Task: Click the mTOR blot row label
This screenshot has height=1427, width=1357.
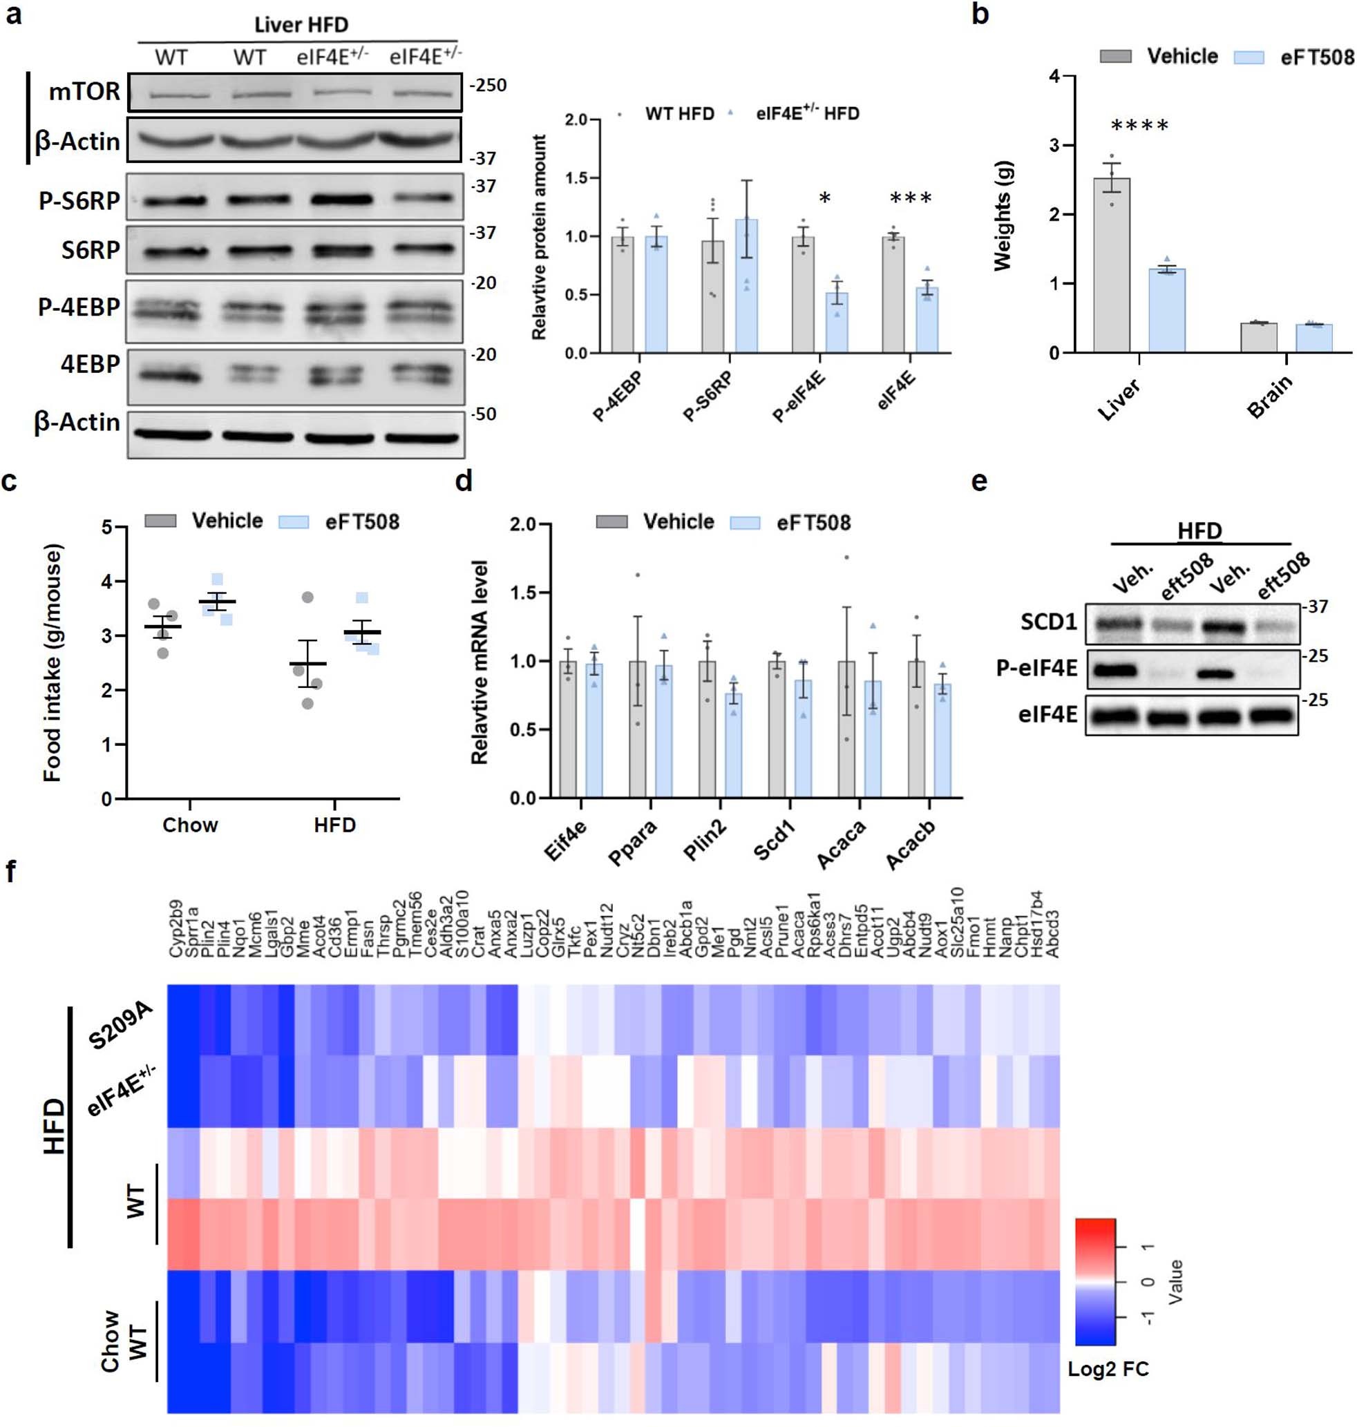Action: point(84,92)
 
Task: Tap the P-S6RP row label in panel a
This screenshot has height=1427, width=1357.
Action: point(79,200)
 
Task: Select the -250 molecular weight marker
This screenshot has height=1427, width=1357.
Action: point(488,86)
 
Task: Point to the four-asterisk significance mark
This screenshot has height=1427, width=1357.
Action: point(1139,126)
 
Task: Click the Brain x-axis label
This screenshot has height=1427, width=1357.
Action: point(1269,397)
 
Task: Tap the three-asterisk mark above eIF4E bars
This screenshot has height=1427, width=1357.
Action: point(911,198)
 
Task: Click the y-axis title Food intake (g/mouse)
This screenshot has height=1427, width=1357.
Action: point(52,662)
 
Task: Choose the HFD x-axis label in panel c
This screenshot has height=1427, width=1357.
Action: point(334,825)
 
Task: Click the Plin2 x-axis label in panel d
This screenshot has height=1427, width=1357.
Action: point(705,841)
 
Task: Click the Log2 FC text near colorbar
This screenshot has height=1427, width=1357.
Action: point(1108,1368)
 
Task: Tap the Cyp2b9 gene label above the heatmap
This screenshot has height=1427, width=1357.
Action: point(175,930)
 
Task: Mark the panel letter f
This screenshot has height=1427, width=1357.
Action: point(10,872)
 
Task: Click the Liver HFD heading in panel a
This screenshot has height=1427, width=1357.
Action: point(301,25)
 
